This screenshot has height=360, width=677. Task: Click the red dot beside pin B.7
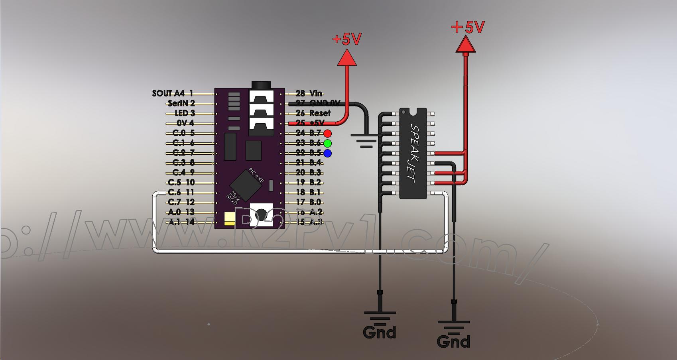point(327,133)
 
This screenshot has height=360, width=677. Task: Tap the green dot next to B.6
point(327,143)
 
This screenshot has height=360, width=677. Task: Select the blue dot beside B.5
point(327,153)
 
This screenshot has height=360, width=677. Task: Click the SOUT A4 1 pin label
point(173,93)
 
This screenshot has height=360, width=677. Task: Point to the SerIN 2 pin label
point(181,103)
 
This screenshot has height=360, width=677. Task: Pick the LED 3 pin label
point(185,113)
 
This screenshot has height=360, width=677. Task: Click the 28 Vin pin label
point(309,93)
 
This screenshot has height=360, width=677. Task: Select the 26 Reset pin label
point(313,113)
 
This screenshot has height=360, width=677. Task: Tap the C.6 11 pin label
point(181,193)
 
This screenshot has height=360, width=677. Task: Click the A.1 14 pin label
point(181,222)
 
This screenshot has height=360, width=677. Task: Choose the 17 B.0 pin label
point(308,202)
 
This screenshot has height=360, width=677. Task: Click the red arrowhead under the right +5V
point(466,44)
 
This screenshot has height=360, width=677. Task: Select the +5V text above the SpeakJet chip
point(468,27)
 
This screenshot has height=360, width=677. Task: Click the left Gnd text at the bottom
point(379,332)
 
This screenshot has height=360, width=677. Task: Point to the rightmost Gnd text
point(453,342)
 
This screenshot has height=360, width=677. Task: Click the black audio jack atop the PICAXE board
point(261,85)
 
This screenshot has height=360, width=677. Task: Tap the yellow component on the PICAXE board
point(230,219)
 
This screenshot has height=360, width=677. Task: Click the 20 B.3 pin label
point(308,173)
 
